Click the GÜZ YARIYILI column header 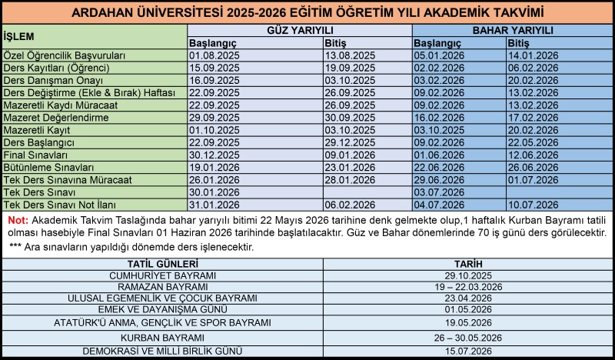[x=300, y=29]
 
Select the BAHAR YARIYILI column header [x=513, y=29]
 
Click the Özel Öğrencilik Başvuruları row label [x=64, y=55]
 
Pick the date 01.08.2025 [x=211, y=55]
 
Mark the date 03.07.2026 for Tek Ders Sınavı [x=437, y=192]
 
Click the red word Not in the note [x=17, y=219]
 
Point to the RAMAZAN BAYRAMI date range [x=467, y=286]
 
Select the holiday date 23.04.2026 [x=467, y=298]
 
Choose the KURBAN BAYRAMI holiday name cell [x=162, y=338]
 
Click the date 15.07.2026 [x=467, y=351]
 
